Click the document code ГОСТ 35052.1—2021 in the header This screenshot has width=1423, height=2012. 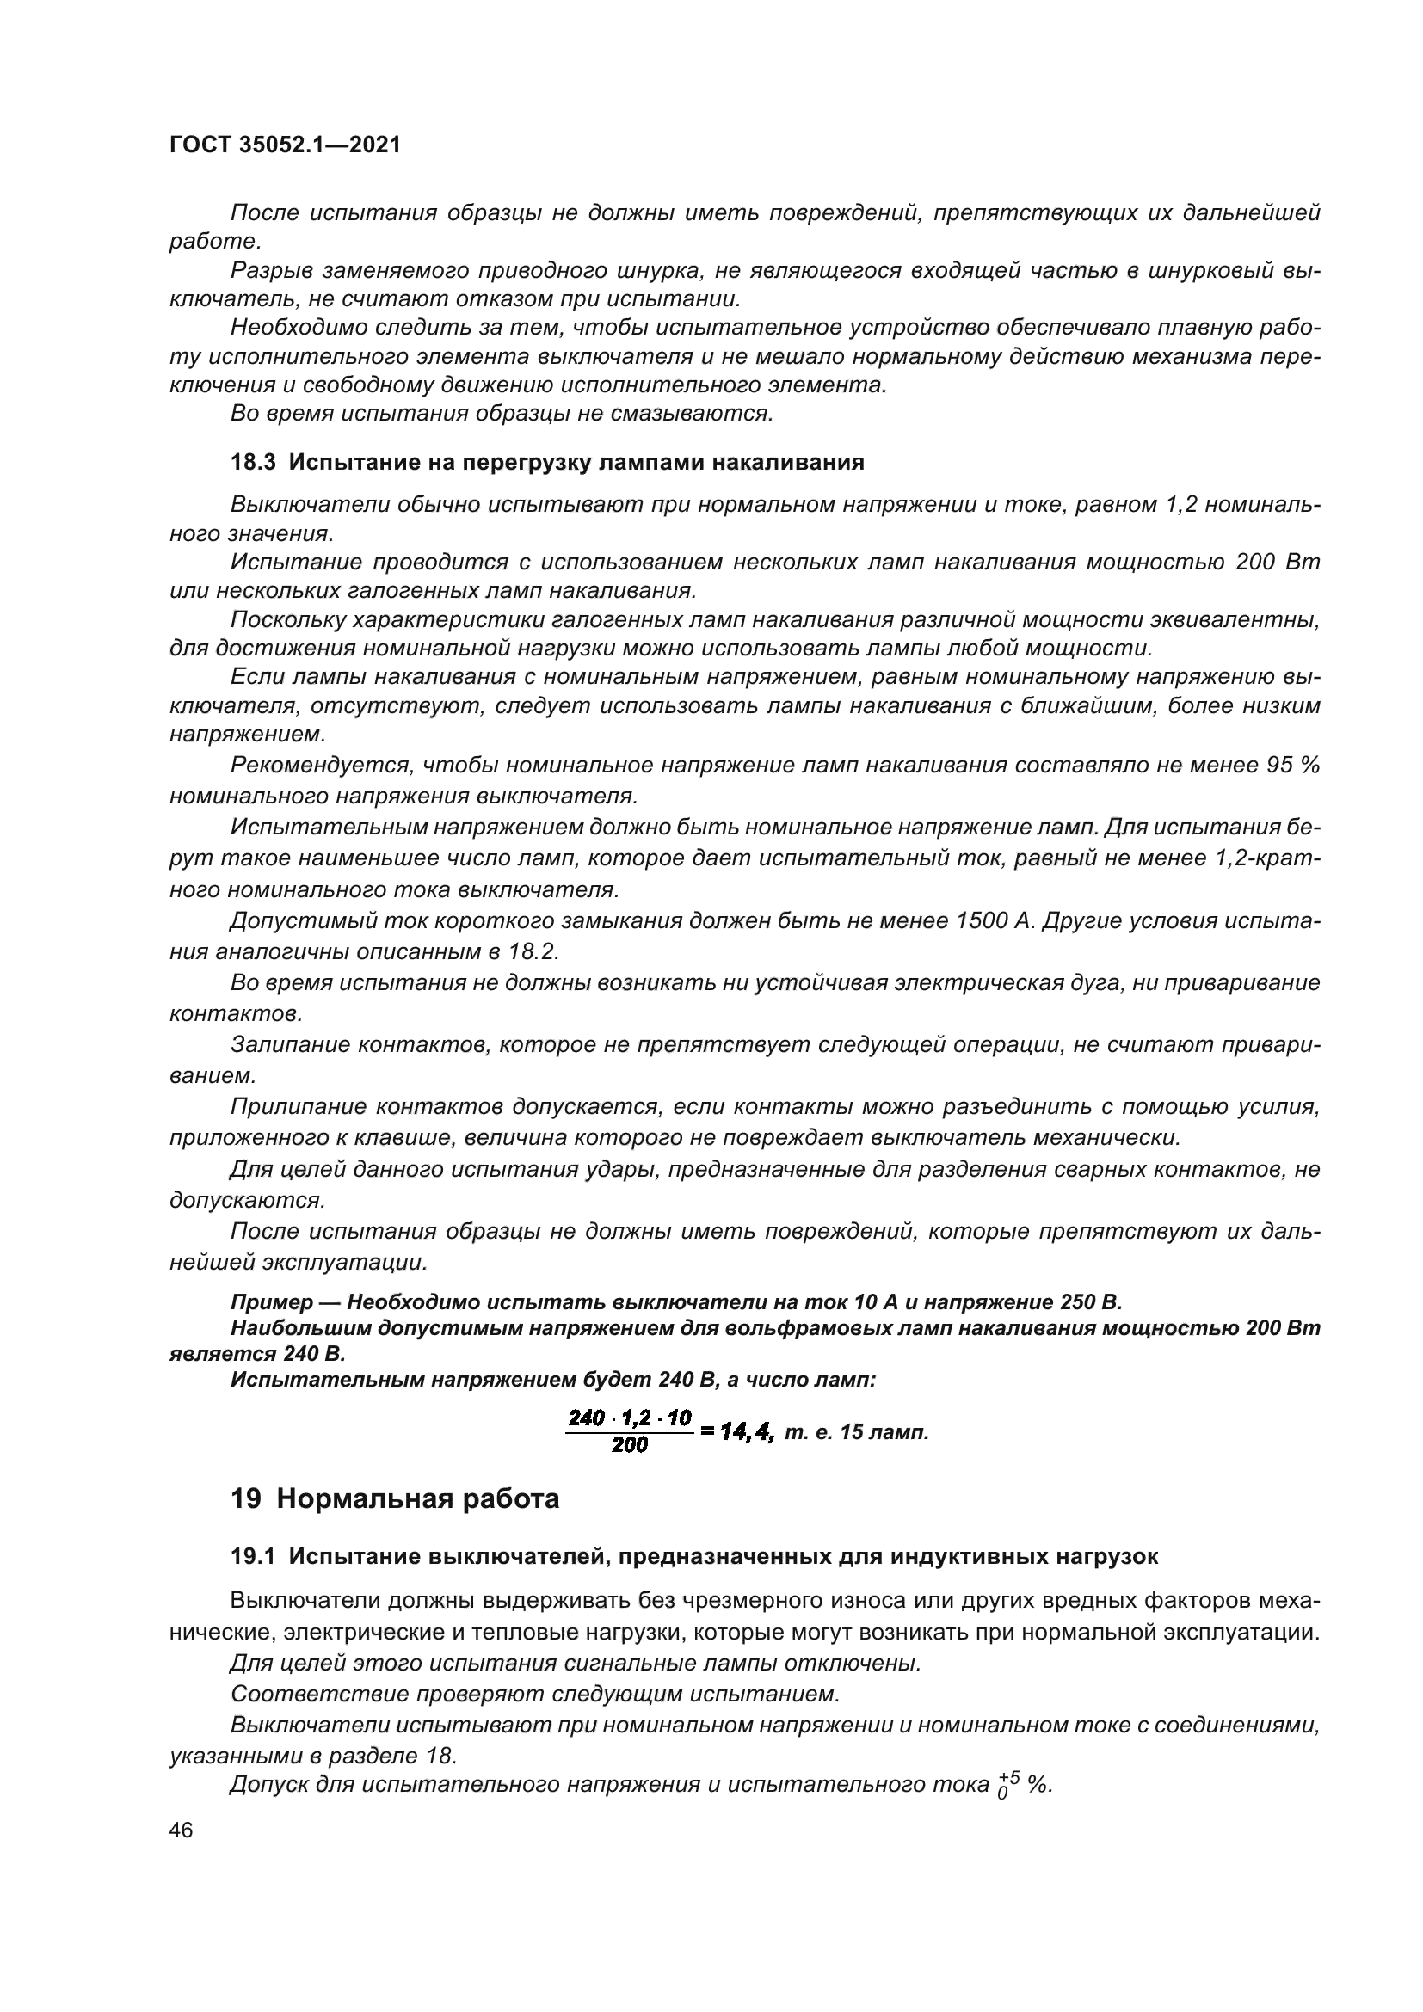[x=285, y=145]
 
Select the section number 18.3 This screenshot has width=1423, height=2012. [x=253, y=463]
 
